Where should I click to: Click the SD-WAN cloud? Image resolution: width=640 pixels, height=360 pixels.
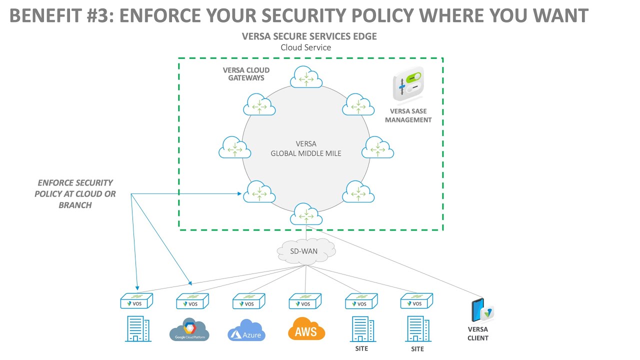(x=305, y=250)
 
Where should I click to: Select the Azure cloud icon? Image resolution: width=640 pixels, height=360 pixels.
(x=246, y=330)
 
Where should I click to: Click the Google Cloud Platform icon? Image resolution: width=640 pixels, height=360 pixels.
(x=189, y=329)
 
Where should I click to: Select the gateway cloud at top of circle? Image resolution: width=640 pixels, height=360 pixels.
(x=305, y=77)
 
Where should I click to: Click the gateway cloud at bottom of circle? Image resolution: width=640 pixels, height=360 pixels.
(x=305, y=215)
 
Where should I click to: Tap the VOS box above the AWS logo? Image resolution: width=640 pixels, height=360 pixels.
(x=305, y=301)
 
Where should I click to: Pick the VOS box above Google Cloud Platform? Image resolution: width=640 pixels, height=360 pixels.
(x=192, y=301)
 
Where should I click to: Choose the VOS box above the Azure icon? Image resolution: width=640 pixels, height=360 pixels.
(x=248, y=301)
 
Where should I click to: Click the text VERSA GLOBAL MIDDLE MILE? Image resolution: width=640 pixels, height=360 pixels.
(x=306, y=149)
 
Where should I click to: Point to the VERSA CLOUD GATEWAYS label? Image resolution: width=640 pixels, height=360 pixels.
(x=246, y=74)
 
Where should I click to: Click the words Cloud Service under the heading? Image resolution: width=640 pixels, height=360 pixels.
(x=306, y=47)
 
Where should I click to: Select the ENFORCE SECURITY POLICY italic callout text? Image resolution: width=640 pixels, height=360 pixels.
(x=75, y=194)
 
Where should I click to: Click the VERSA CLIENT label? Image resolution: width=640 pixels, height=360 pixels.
(x=478, y=333)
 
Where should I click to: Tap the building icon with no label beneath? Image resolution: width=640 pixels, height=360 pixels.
(x=137, y=329)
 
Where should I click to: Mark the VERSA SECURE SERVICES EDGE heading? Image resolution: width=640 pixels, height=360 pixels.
(x=309, y=36)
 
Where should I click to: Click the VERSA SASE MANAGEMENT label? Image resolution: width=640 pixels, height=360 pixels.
(x=408, y=115)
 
